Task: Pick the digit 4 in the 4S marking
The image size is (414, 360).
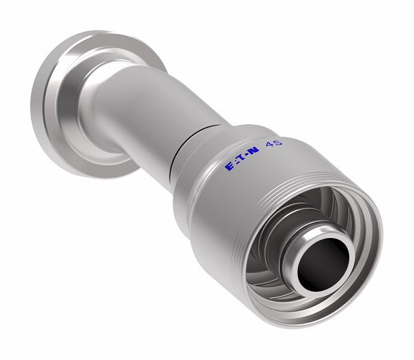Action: (x=273, y=143)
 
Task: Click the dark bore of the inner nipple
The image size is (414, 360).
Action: (x=321, y=261)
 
